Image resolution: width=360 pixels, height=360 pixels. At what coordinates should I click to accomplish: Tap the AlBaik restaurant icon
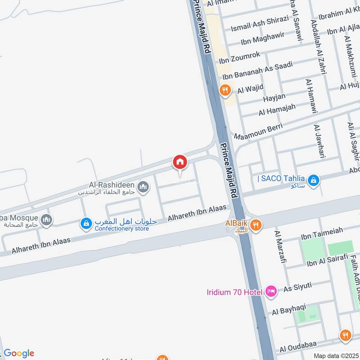coord(256,225)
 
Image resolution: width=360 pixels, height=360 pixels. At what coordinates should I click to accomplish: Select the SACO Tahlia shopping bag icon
coord(314,181)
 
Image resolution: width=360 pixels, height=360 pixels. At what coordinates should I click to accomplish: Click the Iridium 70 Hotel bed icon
coord(271,292)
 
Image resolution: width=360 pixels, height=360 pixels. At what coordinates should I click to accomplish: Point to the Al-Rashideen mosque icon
coord(143,187)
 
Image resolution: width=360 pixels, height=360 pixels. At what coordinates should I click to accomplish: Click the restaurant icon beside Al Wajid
coord(225,90)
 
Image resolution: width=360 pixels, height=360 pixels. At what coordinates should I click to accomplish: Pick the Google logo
coord(19,353)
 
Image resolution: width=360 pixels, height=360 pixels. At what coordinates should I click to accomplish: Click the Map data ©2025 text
coord(335,355)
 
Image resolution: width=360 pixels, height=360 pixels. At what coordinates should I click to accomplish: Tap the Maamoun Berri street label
coord(258,130)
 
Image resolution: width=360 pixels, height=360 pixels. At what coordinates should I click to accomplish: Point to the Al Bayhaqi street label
coord(289,309)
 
